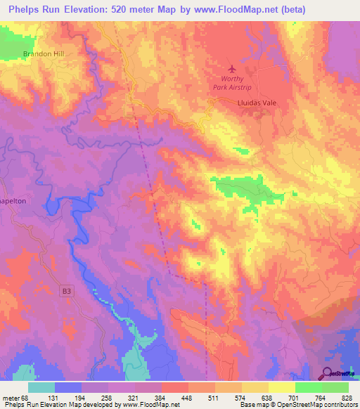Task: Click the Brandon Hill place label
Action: click(43, 53)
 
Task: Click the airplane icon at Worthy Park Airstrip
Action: click(233, 69)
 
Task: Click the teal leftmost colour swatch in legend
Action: click(41, 387)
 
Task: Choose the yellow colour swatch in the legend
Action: click(283, 387)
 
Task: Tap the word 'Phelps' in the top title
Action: click(25, 9)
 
